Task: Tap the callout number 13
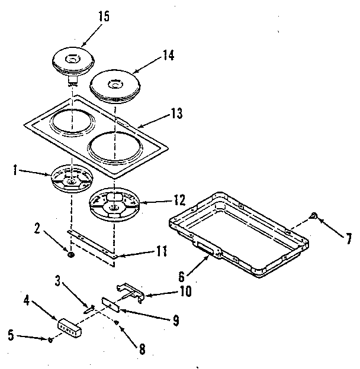[176, 113]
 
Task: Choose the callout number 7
[348, 239]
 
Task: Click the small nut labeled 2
[71, 255]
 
